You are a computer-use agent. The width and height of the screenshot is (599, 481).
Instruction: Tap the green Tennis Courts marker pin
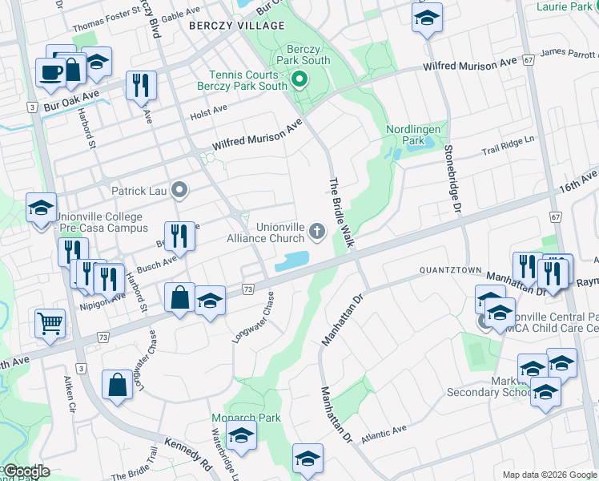299,79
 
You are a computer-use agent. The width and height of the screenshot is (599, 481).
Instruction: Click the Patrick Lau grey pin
179,191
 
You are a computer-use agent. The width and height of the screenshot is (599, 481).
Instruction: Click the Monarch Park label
246,418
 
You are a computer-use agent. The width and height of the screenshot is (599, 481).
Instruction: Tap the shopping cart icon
50,323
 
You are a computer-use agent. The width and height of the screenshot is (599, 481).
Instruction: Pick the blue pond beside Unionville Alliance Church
291,261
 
